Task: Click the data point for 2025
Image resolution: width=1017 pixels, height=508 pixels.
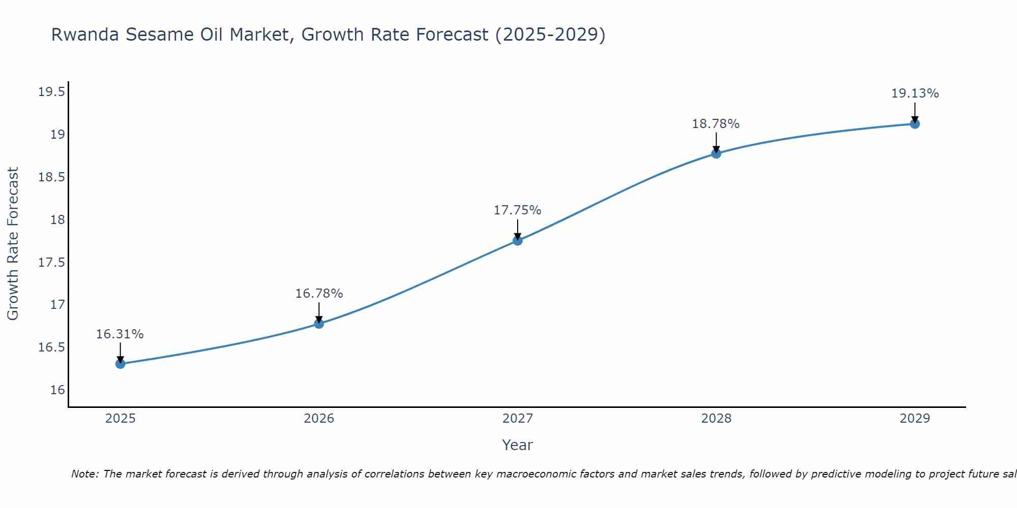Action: [121, 364]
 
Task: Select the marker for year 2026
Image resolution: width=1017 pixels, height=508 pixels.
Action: [319, 324]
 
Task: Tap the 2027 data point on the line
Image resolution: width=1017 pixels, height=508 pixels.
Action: [518, 241]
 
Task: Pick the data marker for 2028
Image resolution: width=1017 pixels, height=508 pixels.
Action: [716, 153]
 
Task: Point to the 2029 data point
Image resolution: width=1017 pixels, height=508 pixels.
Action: [915, 124]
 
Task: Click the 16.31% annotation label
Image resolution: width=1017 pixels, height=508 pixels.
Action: [120, 334]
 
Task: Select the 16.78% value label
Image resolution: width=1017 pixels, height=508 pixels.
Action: [319, 294]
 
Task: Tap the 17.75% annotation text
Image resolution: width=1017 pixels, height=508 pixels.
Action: [518, 210]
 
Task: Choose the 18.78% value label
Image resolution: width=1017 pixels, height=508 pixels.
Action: [716, 124]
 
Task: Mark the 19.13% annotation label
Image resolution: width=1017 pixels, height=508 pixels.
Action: [915, 93]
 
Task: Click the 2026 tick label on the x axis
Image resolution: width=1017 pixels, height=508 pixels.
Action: [319, 419]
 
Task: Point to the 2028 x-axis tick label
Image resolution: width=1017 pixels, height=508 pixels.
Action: [716, 419]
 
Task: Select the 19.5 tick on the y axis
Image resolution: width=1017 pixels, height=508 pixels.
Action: [51, 92]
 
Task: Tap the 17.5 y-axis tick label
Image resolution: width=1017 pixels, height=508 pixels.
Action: [51, 263]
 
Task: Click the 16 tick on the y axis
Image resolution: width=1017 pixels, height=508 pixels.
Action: [58, 390]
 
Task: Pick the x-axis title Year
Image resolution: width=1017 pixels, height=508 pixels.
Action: [517, 445]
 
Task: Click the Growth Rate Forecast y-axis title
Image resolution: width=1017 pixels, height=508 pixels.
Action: [13, 244]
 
